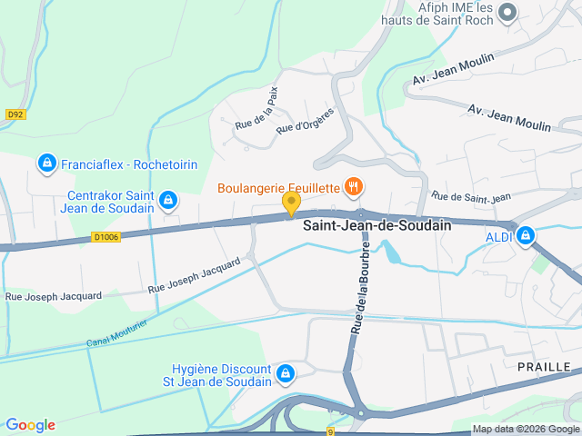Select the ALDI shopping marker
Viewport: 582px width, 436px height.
coord(526,237)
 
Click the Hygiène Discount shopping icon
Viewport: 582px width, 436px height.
coord(286,373)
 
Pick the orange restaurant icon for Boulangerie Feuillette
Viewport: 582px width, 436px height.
coord(353,188)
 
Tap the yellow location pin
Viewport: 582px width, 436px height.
coord(291,203)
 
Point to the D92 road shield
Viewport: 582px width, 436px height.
coord(15,114)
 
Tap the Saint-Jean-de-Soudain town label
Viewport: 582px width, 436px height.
coord(376,226)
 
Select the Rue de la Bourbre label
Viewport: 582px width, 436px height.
coord(359,290)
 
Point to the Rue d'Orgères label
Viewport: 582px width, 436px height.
coord(305,123)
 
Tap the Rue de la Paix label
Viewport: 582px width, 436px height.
coord(256,108)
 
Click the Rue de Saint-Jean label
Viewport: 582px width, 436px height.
coord(470,196)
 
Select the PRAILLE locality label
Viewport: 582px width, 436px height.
coord(544,366)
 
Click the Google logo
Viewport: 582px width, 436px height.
coord(30,425)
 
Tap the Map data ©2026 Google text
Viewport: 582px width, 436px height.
coord(526,429)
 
